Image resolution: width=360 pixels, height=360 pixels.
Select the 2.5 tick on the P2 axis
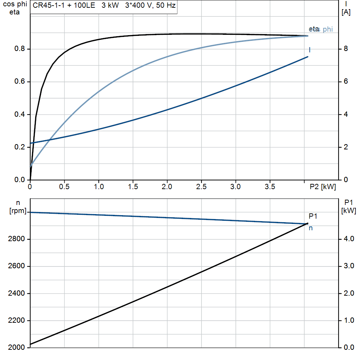[201, 187]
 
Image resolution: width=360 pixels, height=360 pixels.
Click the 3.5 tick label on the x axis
[270, 187]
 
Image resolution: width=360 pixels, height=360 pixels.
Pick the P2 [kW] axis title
[323, 187]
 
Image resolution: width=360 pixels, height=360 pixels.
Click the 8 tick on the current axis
[346, 49]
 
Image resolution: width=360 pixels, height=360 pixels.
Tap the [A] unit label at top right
[346, 13]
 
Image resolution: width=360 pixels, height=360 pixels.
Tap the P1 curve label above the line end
[313, 216]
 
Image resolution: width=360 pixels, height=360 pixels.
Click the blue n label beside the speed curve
[311, 228]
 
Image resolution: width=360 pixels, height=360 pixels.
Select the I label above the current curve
[309, 50]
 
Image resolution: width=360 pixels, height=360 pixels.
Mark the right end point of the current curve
[308, 57]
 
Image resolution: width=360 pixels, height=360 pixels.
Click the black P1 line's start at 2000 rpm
[31, 344]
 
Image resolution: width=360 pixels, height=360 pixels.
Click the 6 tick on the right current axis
[346, 82]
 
